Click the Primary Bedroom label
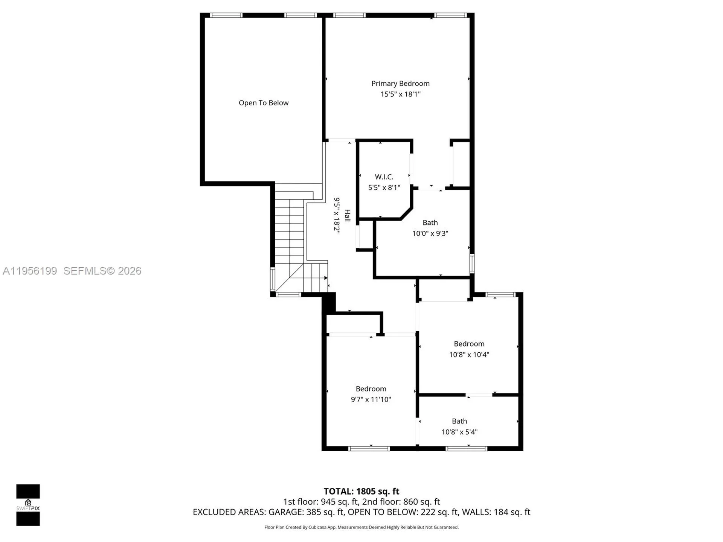tap(400, 84)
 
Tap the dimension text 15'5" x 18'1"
tap(400, 94)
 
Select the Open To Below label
tap(264, 103)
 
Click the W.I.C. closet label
tap(384, 177)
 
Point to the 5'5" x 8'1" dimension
tap(384, 187)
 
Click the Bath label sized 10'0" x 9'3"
tap(430, 223)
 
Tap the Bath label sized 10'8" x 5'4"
tap(459, 421)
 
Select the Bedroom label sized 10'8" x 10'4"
tap(469, 344)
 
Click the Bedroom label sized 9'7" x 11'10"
tap(371, 389)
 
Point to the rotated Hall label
tap(348, 216)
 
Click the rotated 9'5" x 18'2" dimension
tap(337, 216)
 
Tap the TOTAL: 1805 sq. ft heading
tap(361, 491)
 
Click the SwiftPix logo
tap(28, 505)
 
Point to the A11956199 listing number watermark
tap(30, 271)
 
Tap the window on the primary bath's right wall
tap(472, 263)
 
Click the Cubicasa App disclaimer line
tap(361, 527)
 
